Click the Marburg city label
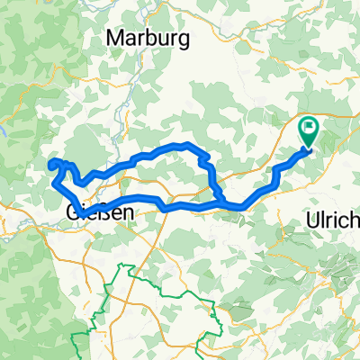click(x=139, y=38)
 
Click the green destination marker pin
click(x=310, y=133)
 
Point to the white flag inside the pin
click(x=310, y=130)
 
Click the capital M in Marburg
click(x=113, y=38)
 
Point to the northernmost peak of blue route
click(x=184, y=144)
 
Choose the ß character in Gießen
click(x=103, y=212)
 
